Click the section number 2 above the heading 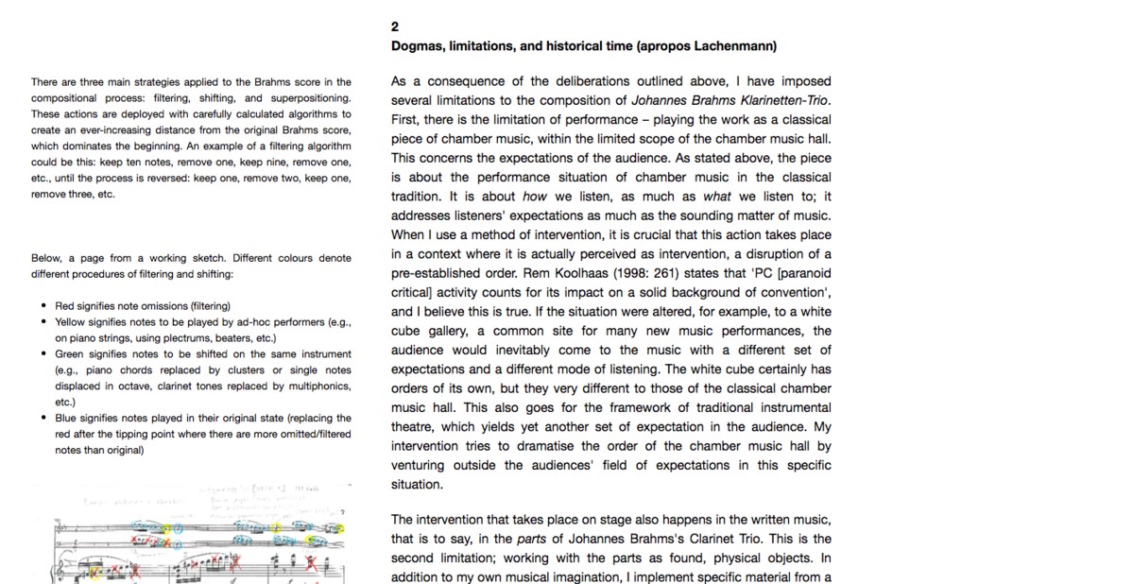395,26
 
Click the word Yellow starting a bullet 69,321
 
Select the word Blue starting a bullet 65,418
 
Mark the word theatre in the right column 414,427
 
